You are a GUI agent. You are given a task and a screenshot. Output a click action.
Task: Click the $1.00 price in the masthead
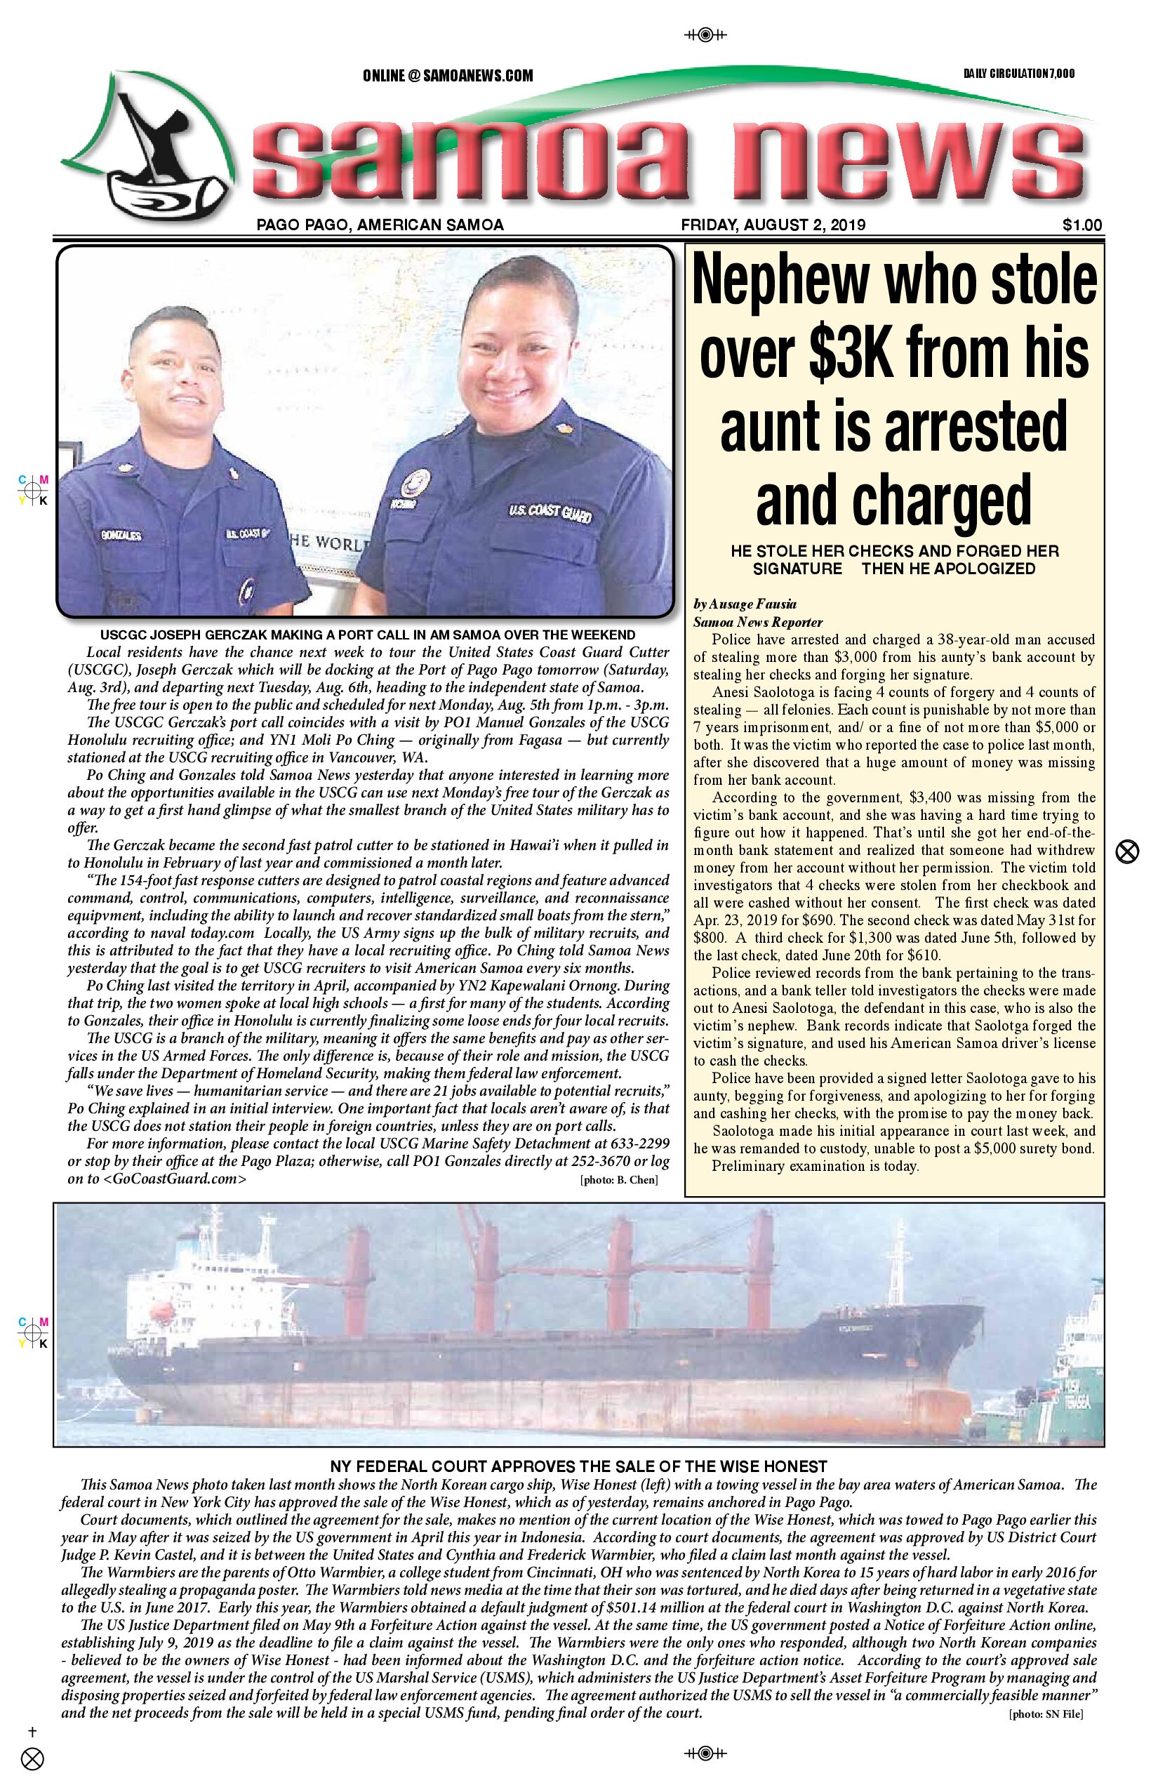tap(1082, 225)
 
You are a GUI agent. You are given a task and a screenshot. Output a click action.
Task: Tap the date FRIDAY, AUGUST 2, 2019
tap(773, 225)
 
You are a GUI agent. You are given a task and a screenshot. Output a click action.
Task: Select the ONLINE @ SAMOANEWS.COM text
tap(448, 76)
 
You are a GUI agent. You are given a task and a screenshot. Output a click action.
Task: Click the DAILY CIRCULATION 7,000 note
tap(1019, 74)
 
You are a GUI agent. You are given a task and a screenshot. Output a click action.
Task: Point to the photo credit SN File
tap(1045, 1714)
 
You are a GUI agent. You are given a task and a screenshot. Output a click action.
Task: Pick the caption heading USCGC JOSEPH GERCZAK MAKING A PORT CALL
tap(368, 635)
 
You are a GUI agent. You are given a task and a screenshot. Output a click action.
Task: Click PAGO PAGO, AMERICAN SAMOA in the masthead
tap(380, 225)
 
